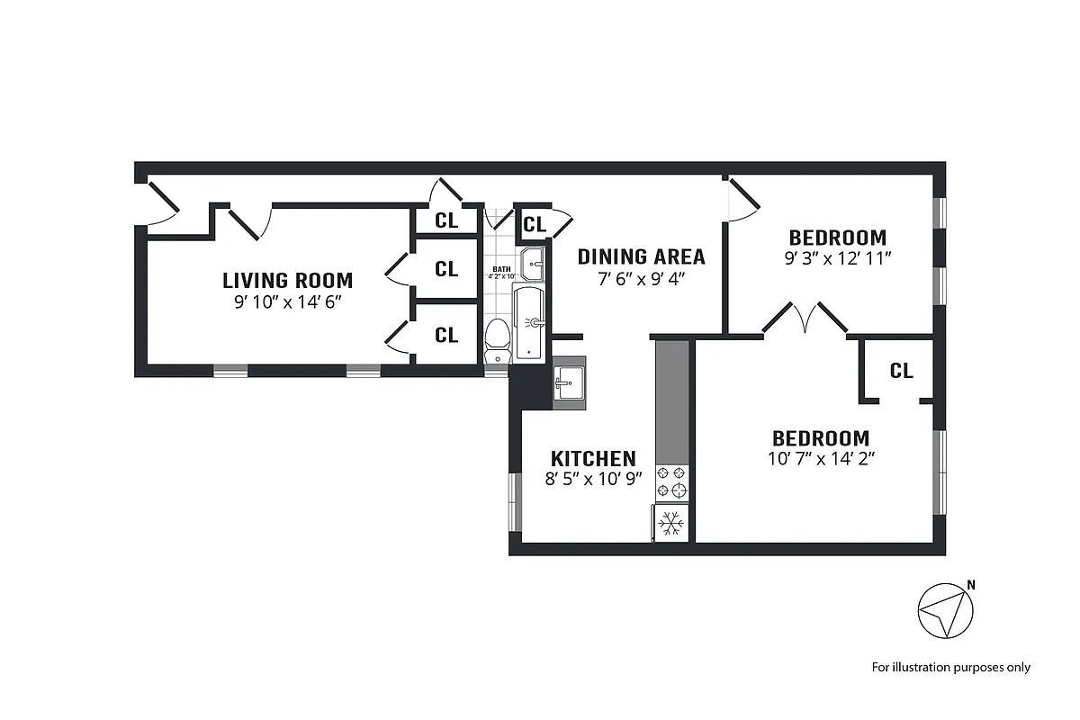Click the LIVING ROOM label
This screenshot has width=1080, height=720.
click(x=287, y=280)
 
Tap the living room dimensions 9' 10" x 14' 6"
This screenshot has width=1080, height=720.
click(x=287, y=302)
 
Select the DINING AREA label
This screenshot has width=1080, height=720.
click(x=641, y=256)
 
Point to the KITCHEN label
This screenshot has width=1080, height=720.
click(x=593, y=458)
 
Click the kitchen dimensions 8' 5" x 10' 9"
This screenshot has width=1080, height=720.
click(x=593, y=479)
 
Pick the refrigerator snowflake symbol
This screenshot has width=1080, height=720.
click(x=670, y=523)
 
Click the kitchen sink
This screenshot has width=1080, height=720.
click(x=567, y=384)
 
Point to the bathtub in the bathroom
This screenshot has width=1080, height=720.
click(x=530, y=321)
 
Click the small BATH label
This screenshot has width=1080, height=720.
click(x=500, y=269)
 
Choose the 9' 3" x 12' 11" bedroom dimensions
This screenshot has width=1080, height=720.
click(x=837, y=257)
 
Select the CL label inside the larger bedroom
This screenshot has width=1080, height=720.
click(x=901, y=371)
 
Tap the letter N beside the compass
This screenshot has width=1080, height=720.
click(x=970, y=585)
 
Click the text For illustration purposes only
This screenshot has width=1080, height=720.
click(x=950, y=667)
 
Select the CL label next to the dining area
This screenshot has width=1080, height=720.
click(x=534, y=224)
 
